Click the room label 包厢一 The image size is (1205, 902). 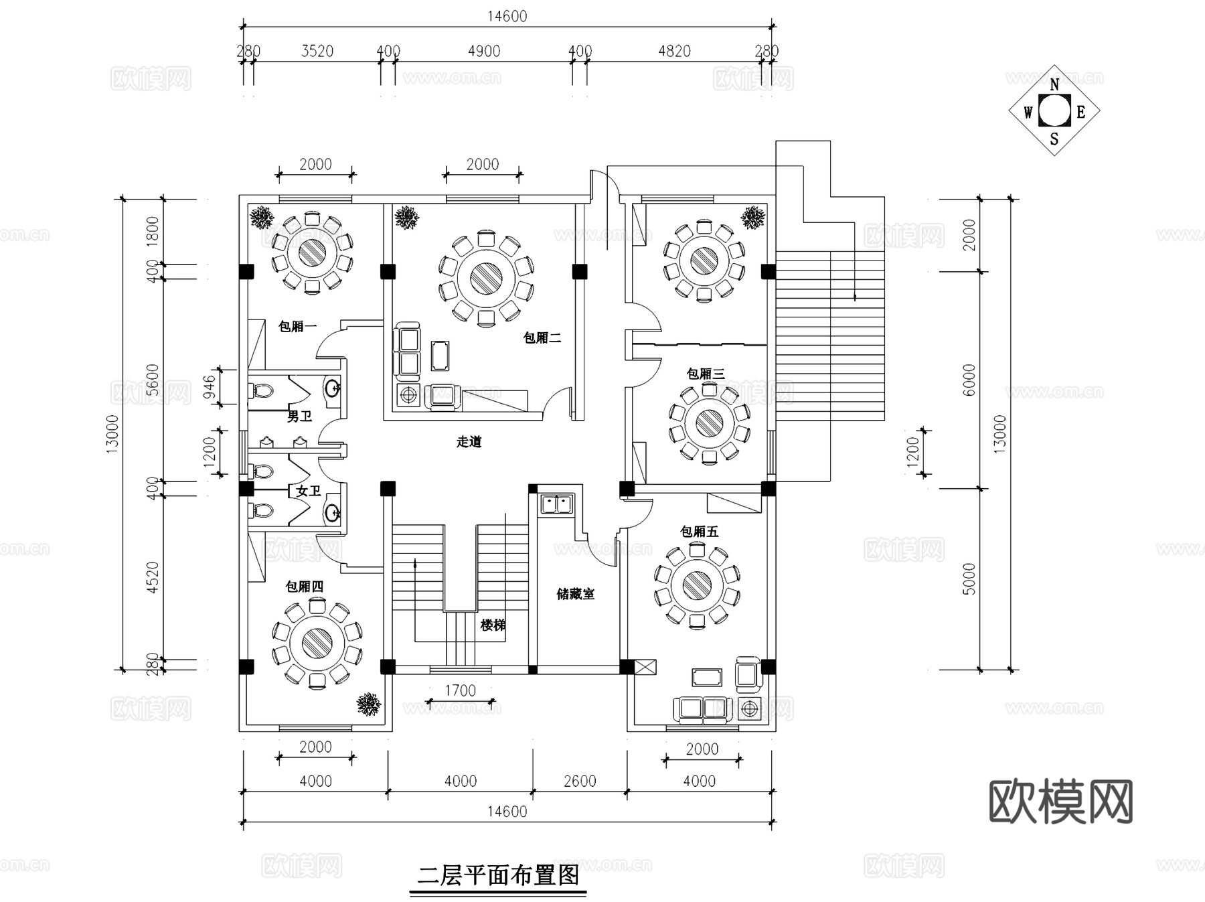(297, 327)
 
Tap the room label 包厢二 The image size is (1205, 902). (542, 338)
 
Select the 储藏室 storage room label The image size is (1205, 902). (575, 594)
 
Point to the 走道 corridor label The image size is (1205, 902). (469, 442)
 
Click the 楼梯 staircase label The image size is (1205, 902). (493, 625)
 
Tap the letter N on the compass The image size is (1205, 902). (1054, 85)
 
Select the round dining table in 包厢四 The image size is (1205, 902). (317, 644)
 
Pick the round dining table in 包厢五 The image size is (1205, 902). (697, 587)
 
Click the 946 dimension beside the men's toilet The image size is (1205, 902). (210, 387)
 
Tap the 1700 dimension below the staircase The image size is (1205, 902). (461, 690)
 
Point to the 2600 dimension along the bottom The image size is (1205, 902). (580, 781)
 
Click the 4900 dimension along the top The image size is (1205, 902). (483, 52)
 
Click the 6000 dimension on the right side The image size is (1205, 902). (969, 380)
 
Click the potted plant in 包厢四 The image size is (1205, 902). (369, 704)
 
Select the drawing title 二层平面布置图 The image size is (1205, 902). (498, 875)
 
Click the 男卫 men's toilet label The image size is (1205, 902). (299, 417)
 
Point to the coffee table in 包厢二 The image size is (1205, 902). (440, 356)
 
